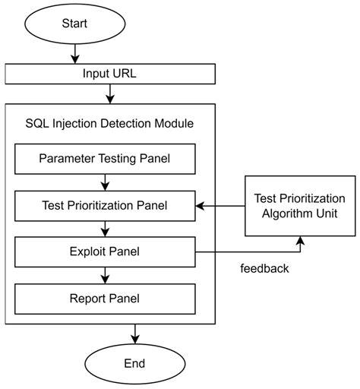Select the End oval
click(x=134, y=363)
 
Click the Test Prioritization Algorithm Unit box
click(x=300, y=204)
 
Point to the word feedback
click(x=264, y=268)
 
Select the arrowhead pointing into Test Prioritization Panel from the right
click(x=200, y=204)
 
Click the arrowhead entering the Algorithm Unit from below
click(x=300, y=241)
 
